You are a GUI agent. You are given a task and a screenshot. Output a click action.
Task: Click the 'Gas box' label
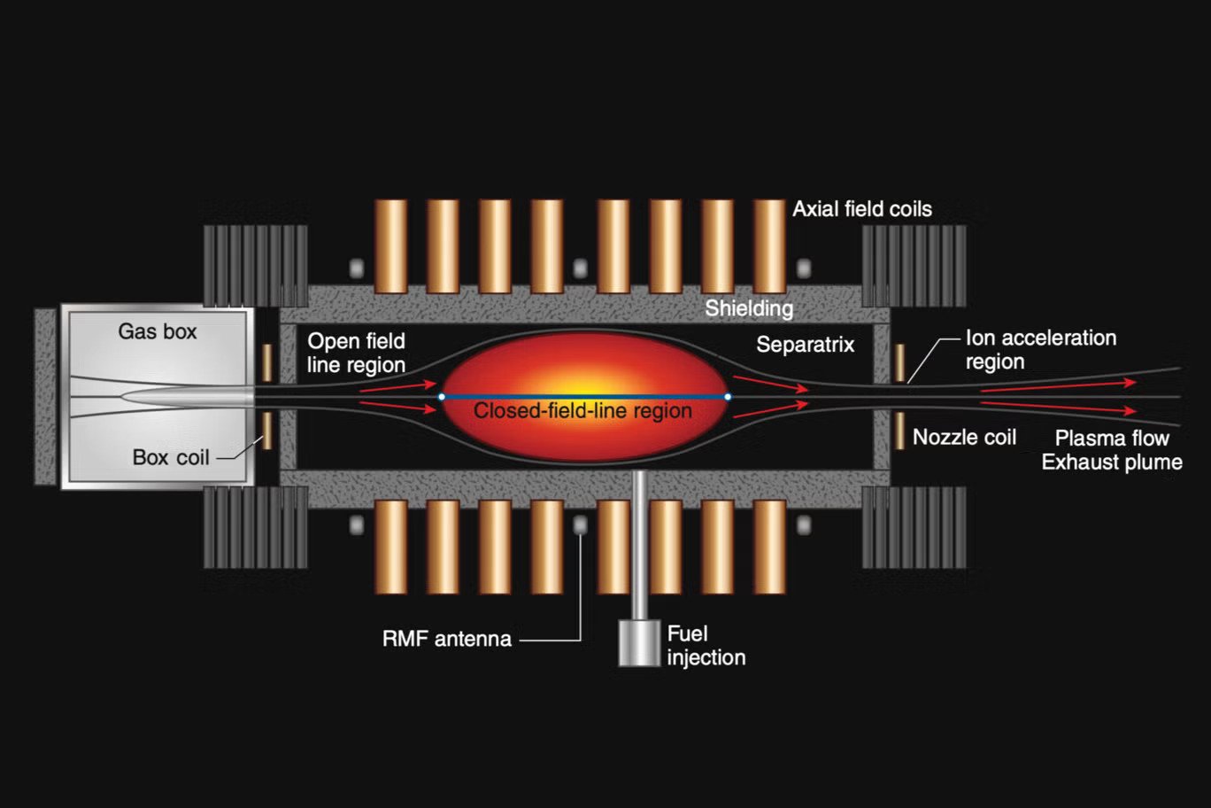point(158,332)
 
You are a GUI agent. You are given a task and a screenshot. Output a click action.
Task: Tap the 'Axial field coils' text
point(861,209)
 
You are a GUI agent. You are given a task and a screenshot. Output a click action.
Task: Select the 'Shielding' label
point(749,308)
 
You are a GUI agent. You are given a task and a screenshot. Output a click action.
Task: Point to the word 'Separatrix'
point(805,345)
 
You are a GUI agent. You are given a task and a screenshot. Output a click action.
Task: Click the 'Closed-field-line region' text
point(582,411)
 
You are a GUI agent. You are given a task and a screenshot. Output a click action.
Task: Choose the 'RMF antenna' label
point(446,639)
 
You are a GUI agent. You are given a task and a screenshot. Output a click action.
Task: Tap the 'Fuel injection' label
point(706,645)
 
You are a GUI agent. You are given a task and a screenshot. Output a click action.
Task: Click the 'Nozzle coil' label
point(964,437)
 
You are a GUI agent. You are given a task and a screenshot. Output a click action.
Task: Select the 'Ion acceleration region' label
point(1040,350)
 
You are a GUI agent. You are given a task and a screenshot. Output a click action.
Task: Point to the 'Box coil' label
point(171,457)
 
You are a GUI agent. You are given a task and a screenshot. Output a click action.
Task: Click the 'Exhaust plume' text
point(1112,462)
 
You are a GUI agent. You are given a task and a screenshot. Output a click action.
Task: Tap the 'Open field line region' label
point(356,353)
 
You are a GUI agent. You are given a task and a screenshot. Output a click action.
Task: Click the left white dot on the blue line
point(442,397)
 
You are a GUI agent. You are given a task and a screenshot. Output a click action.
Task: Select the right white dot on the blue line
point(728,397)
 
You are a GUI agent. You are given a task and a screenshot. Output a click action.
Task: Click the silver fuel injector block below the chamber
point(639,642)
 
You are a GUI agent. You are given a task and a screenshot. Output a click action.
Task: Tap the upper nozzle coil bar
point(899,363)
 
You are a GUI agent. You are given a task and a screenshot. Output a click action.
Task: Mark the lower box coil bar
point(266,431)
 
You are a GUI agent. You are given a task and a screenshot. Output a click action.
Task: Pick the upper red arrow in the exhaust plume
point(1058,385)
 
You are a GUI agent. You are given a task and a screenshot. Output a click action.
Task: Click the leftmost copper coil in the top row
point(390,246)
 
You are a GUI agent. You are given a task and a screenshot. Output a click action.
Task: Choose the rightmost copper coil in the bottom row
point(769,547)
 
